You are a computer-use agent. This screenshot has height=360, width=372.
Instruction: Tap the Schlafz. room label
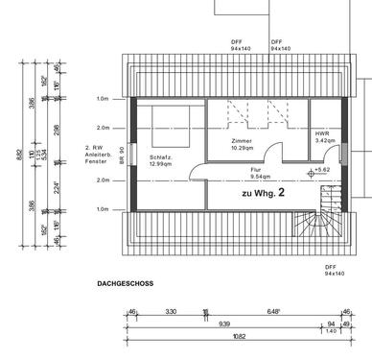click(x=161, y=157)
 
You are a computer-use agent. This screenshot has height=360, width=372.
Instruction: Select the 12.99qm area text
click(x=161, y=165)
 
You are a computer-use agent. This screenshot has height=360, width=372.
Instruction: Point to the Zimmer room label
click(x=242, y=140)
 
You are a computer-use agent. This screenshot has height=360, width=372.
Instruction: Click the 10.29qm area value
click(x=242, y=148)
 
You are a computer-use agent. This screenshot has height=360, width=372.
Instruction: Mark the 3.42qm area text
click(x=324, y=141)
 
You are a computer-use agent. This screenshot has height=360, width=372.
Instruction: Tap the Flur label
click(x=256, y=168)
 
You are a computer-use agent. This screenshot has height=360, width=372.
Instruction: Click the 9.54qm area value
click(x=259, y=176)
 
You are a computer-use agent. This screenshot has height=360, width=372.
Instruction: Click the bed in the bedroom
click(x=170, y=125)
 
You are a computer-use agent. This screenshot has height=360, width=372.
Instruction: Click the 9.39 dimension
click(x=223, y=324)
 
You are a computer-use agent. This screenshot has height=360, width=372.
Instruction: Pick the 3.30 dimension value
click(x=171, y=311)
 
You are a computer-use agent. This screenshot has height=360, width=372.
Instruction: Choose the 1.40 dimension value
click(x=332, y=330)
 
